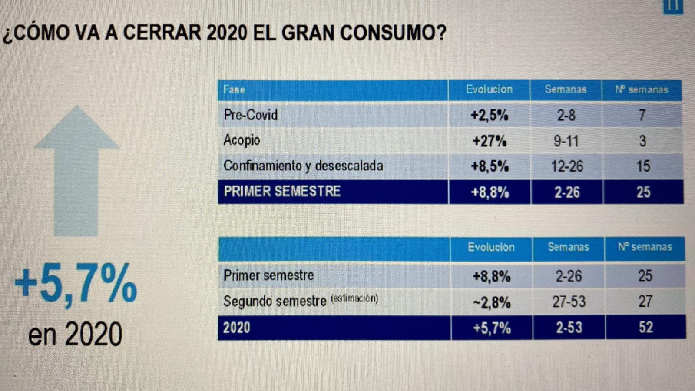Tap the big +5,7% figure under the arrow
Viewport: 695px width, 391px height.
pos(76,284)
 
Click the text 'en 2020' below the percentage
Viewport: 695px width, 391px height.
pos(75,334)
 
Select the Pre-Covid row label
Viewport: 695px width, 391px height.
pos(250,115)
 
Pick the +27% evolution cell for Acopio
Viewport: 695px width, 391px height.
pos(490,141)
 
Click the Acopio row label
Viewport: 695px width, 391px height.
pos(242,140)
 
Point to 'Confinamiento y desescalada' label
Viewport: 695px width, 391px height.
pos(303,166)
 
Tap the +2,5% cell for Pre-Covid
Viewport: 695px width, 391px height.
pos(490,115)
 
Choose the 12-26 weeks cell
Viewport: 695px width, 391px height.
pos(567,166)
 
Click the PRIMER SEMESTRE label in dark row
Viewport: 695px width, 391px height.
pos(282,192)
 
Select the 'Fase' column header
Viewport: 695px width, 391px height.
pos(234,90)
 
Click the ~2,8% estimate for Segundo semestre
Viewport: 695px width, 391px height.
pos(492,302)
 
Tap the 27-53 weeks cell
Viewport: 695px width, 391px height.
pos(569,302)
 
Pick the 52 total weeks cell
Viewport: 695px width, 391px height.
pos(645,327)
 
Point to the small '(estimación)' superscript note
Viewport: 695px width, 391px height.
pos(354,298)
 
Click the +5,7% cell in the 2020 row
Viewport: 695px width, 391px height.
pos(492,328)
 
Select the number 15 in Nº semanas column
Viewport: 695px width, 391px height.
pos(643,166)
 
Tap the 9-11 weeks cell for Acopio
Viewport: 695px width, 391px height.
pos(566,141)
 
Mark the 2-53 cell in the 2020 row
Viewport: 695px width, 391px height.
pos(569,328)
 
